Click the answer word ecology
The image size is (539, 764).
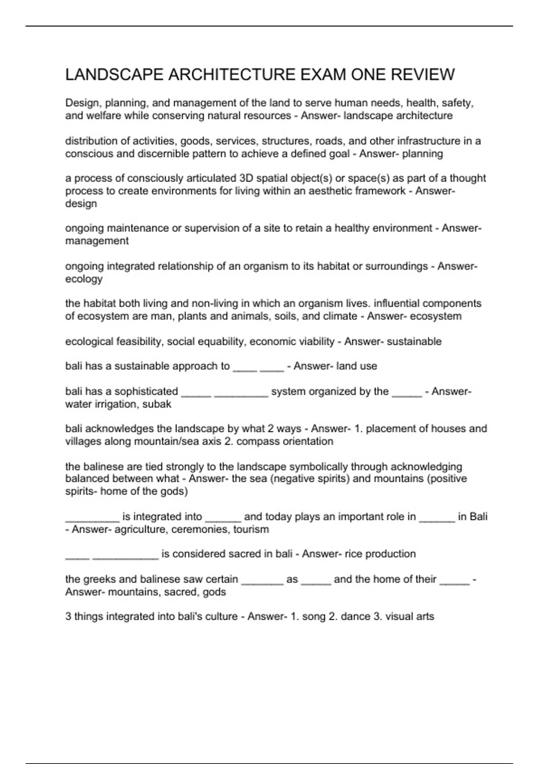(84, 279)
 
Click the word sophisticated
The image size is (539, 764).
(146, 391)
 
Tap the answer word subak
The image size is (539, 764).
(157, 404)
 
